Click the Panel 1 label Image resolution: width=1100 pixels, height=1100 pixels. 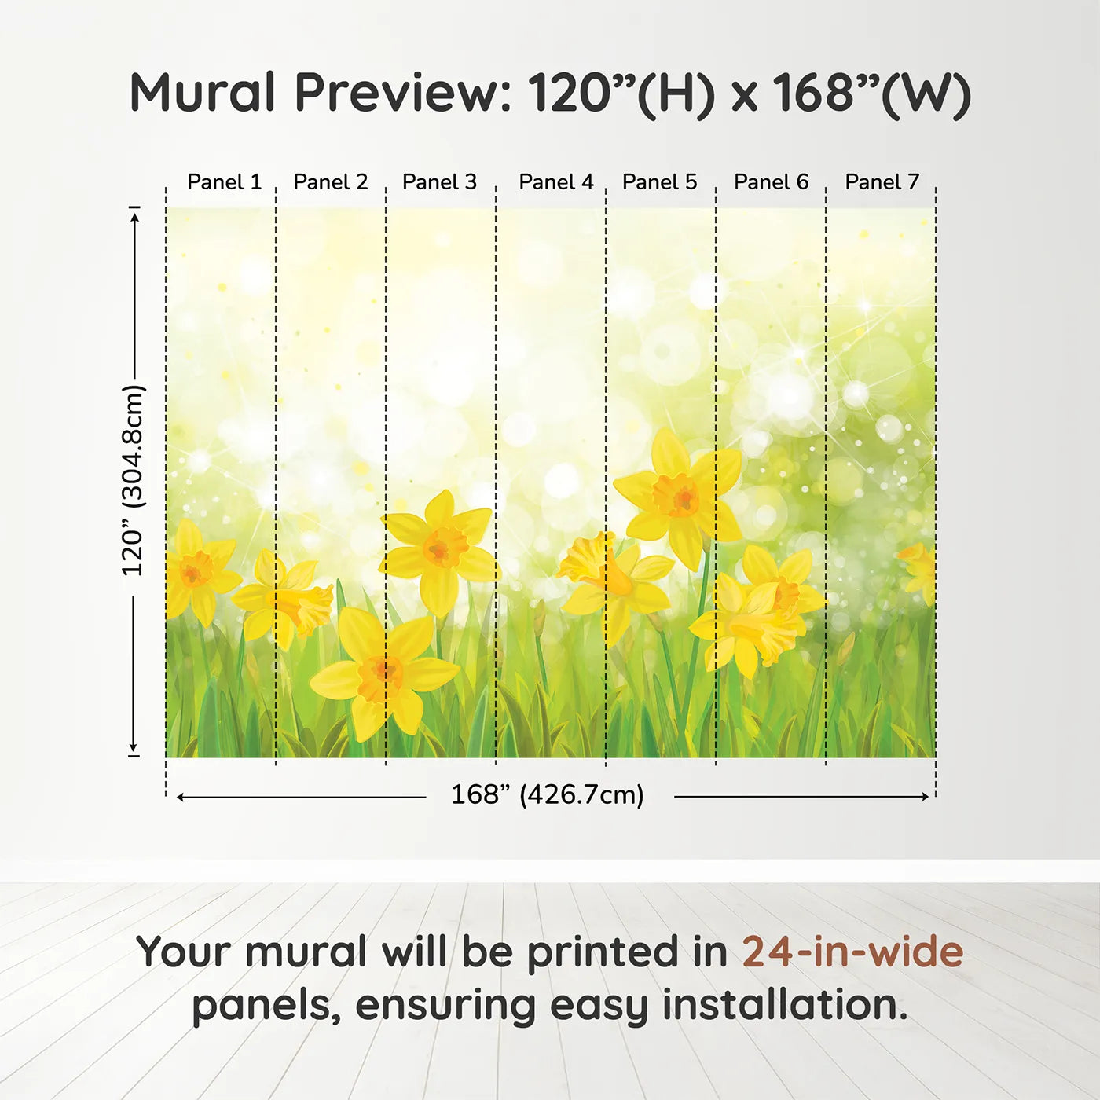click(x=225, y=182)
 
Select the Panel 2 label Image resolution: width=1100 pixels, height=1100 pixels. click(x=331, y=182)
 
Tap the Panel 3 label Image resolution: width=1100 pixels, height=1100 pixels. click(x=439, y=182)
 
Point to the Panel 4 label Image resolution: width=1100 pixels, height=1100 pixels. click(x=556, y=182)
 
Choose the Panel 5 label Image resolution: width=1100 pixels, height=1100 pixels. click(x=660, y=182)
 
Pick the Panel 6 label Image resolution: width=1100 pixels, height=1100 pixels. click(x=772, y=182)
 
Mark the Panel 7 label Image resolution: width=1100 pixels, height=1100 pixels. click(x=882, y=182)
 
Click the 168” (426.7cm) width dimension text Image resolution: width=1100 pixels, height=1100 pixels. click(x=548, y=795)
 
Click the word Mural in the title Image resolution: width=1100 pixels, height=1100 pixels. click(x=203, y=93)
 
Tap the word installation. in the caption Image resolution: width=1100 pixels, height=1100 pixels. click(x=785, y=1005)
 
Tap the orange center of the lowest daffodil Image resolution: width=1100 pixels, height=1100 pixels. click(x=381, y=677)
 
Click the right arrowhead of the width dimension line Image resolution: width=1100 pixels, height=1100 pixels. click(x=925, y=797)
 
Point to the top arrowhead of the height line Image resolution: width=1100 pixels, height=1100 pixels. click(x=134, y=218)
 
